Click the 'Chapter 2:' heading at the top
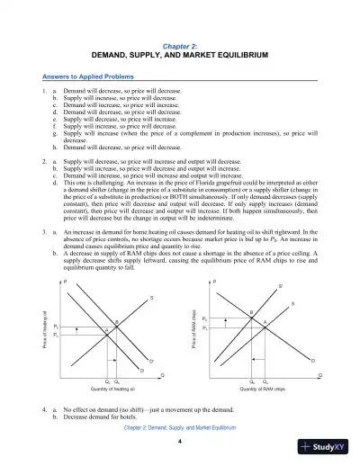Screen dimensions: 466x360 179,43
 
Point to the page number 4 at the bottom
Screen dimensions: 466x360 180,442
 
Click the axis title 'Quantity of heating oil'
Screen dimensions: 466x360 112,389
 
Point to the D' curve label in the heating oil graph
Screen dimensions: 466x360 150,360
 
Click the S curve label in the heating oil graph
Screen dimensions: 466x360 150,298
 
